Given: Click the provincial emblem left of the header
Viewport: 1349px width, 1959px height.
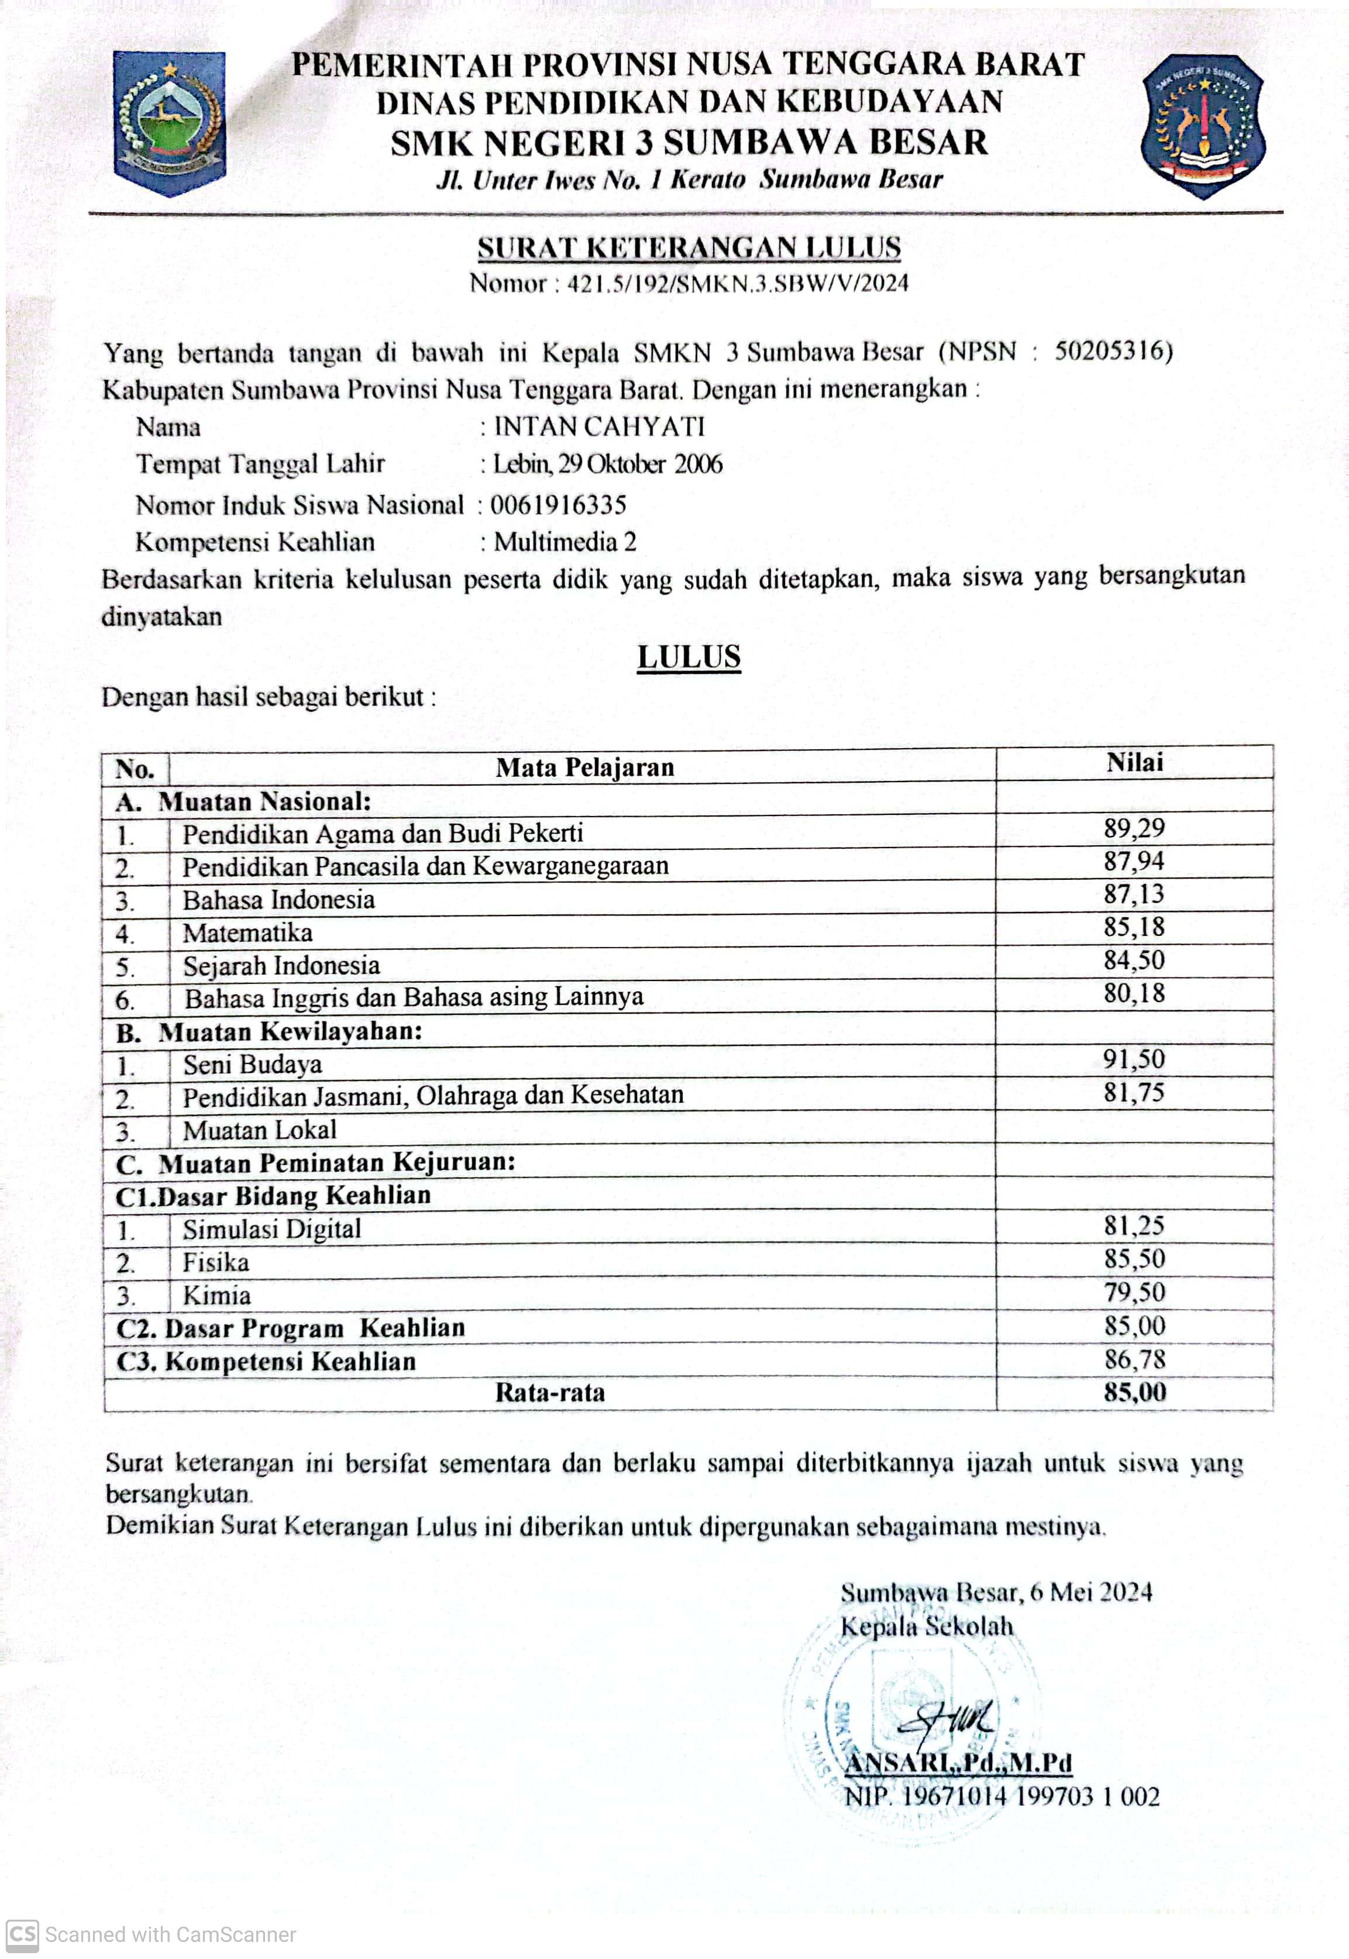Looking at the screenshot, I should [x=170, y=123].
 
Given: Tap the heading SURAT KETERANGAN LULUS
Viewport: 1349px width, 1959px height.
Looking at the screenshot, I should [x=689, y=247].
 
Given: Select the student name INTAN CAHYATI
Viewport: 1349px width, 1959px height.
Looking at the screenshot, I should [x=599, y=427].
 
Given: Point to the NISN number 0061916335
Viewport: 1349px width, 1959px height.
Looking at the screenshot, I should [x=559, y=505].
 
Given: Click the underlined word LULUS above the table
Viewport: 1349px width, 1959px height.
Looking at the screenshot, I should [x=689, y=657].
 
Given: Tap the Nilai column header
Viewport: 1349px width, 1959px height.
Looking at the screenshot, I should [x=1134, y=762].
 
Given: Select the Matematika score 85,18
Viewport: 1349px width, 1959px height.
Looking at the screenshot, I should [x=1134, y=927].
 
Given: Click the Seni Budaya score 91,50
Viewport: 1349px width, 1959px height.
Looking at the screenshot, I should [x=1134, y=1059].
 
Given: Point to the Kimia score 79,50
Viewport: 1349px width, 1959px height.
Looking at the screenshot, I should [x=1134, y=1292].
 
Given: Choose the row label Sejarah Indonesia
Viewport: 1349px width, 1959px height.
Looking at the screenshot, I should [x=281, y=965].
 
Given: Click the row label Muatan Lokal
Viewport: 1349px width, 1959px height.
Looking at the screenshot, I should [x=260, y=1130].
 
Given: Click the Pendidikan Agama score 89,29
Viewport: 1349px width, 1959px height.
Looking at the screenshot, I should [x=1134, y=828].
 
